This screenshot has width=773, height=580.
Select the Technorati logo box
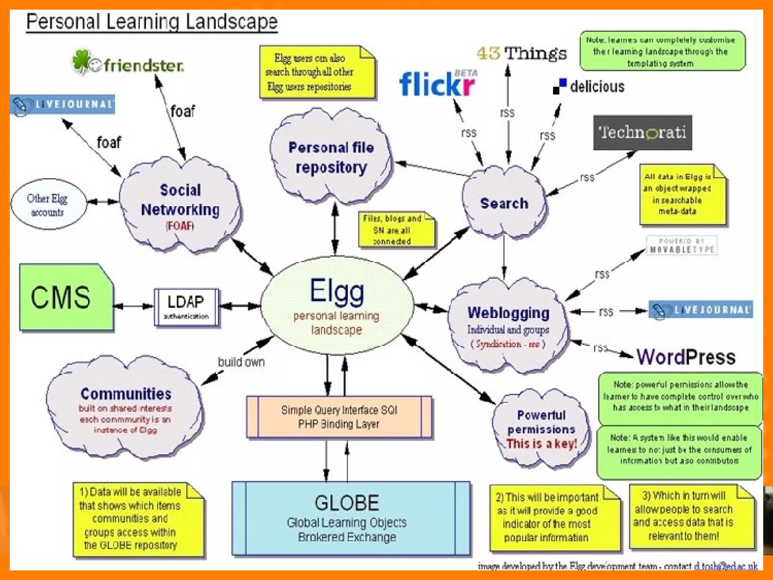[642, 133]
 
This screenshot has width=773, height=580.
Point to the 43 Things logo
[522, 53]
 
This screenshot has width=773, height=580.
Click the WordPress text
[686, 357]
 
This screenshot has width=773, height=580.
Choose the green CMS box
[66, 298]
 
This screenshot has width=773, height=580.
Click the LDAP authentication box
[186, 307]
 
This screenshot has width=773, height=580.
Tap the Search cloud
[504, 203]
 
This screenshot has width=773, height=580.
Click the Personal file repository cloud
[331, 157]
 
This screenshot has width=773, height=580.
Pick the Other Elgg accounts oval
[48, 204]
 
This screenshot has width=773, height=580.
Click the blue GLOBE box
[351, 518]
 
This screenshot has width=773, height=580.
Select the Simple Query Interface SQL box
[339, 417]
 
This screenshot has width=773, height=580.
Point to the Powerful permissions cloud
[541, 429]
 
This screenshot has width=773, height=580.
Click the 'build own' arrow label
[241, 362]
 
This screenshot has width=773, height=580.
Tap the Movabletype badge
[681, 245]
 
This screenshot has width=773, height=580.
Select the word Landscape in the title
[231, 22]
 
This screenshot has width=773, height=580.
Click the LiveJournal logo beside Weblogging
[701, 310]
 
